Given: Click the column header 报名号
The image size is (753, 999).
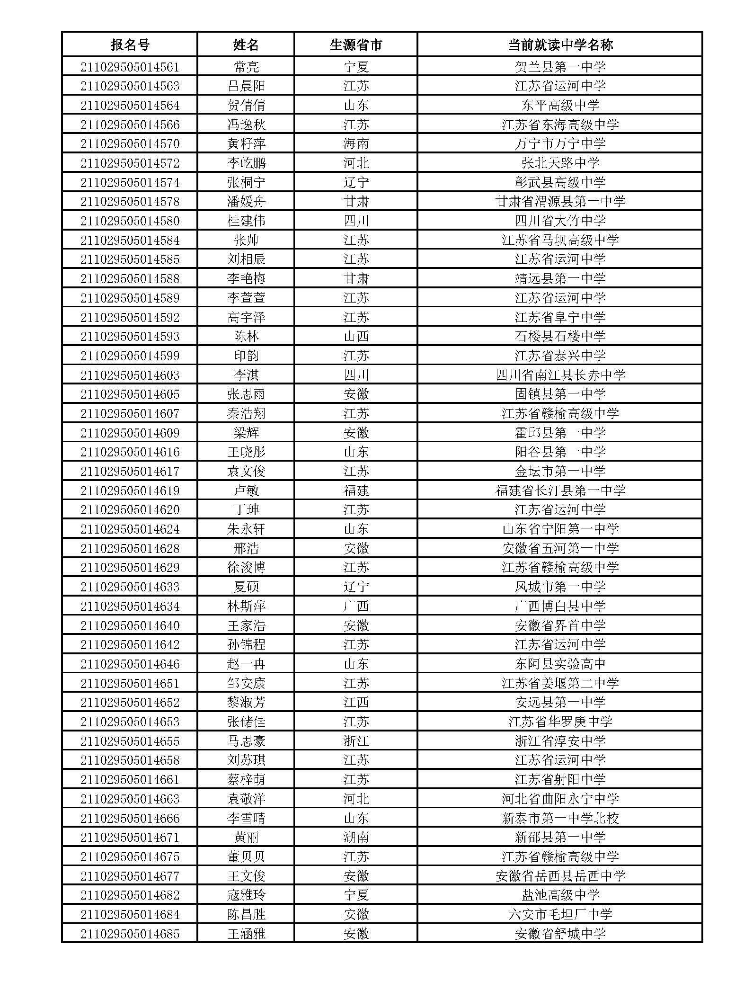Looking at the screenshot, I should (130, 45).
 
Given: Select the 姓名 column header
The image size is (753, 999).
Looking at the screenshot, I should (246, 45).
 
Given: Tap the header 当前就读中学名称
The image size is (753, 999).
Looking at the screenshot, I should (560, 45).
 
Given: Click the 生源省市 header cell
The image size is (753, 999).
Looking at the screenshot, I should (356, 45).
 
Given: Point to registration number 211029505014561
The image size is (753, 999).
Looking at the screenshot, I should (130, 67).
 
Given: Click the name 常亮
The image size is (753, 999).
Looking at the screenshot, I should (246, 67).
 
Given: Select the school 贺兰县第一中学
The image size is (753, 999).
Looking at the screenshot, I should (560, 67).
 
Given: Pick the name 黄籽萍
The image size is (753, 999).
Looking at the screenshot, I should (246, 144).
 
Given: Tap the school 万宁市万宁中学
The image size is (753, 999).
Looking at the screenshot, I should (560, 144).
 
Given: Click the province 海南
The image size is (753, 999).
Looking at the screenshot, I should (356, 144).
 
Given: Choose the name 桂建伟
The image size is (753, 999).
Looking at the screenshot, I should (246, 221).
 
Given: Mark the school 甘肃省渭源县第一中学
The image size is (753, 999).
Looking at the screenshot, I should (560, 202).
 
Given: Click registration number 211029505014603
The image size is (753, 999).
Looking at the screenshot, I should (130, 375).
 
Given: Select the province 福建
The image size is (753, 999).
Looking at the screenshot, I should (356, 491).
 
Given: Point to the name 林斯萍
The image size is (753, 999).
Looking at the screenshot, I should (246, 607).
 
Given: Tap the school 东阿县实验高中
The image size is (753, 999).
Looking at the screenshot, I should (560, 664).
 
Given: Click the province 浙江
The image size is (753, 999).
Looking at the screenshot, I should (356, 741).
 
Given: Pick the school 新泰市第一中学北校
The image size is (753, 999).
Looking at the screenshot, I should (560, 819).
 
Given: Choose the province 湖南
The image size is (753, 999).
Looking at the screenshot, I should (356, 838).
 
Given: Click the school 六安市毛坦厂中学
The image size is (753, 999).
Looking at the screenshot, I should (560, 915).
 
